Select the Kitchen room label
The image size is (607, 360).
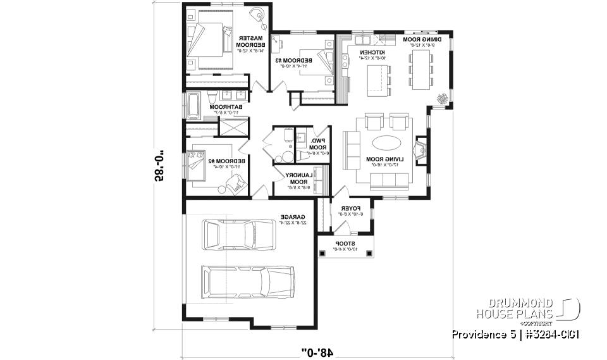367,54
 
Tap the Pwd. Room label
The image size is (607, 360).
317,147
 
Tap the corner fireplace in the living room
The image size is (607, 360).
420,149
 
